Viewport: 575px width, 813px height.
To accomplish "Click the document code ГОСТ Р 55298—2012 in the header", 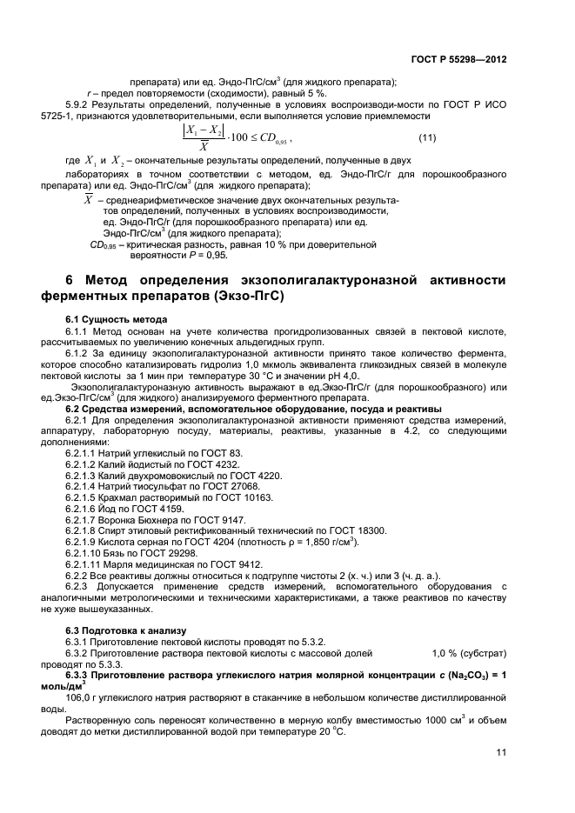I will [x=458, y=59].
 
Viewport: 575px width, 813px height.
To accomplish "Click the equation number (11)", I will [x=427, y=138].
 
